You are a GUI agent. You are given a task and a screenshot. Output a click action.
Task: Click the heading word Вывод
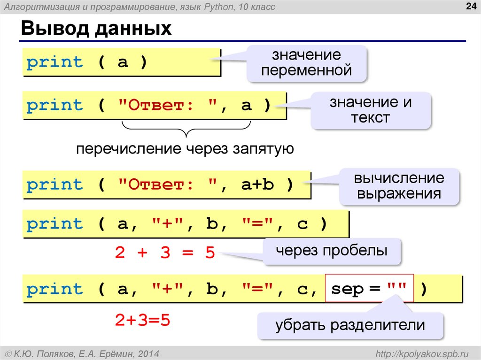point(53,29)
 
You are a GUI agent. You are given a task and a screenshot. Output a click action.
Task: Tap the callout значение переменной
point(307,63)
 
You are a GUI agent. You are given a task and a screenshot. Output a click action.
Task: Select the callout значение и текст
point(370,109)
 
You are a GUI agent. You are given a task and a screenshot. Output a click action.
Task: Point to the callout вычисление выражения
point(399,186)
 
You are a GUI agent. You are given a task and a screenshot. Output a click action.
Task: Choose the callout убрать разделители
point(350,325)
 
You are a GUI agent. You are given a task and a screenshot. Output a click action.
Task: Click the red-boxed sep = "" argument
point(370,289)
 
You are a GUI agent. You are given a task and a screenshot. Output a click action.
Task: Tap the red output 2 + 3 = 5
point(164,253)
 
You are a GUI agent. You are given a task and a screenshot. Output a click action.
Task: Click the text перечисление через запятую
point(186,149)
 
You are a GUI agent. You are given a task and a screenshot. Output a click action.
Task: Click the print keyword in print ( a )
point(54,62)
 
